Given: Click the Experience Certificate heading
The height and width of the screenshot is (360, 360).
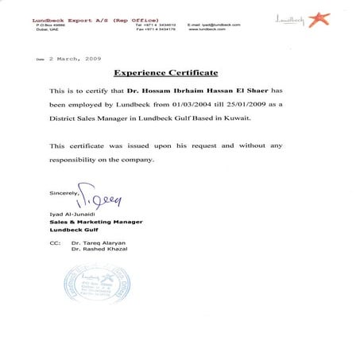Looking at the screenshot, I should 165,73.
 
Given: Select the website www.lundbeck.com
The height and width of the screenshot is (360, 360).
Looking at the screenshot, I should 208,29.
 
